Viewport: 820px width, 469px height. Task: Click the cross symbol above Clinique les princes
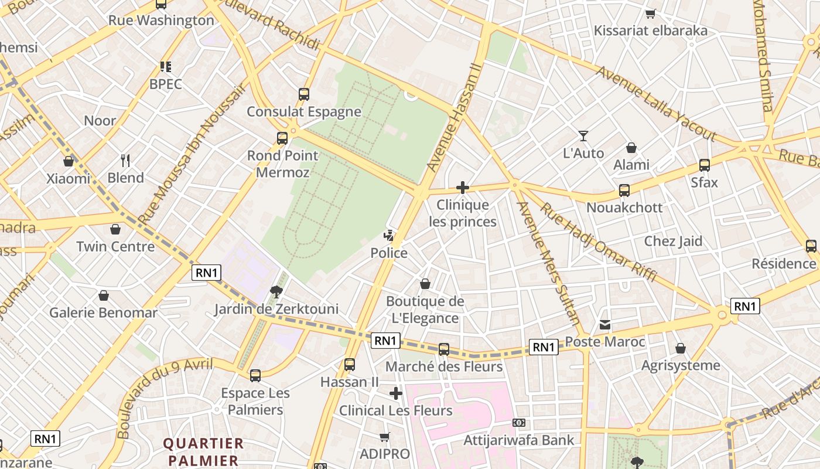[x=463, y=188]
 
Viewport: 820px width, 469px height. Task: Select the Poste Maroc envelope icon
[x=605, y=325]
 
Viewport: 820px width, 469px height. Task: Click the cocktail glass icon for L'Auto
[x=583, y=136]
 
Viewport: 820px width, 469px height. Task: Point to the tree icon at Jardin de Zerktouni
[x=276, y=291]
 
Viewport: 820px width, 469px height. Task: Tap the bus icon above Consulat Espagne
[x=303, y=94]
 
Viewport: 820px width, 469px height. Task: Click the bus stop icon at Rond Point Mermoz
[x=282, y=138]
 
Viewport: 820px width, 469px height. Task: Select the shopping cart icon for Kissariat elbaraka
[x=650, y=13]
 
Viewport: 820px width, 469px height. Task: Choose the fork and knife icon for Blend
[x=125, y=160]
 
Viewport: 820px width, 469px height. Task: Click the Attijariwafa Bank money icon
[x=518, y=423]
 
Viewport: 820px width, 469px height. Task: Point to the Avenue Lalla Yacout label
[x=656, y=104]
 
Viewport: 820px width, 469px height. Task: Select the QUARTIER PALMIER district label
[x=203, y=451]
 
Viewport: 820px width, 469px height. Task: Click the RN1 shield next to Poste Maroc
[x=543, y=347]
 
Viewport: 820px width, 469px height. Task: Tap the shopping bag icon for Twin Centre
[x=115, y=229]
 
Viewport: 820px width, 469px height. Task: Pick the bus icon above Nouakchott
[x=624, y=191]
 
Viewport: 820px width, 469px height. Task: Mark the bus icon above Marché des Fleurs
[x=444, y=349]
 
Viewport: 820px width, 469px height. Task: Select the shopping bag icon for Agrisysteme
[x=681, y=348]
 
